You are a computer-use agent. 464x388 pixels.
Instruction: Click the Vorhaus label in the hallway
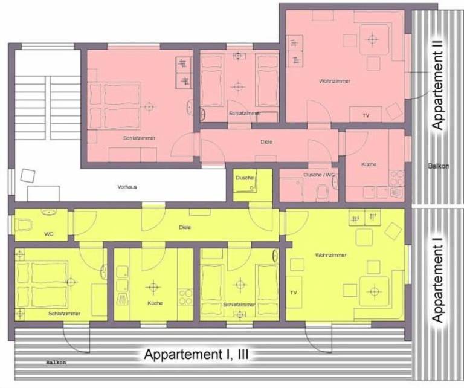(x=127, y=187)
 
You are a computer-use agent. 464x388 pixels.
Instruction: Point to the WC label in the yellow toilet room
(x=49, y=234)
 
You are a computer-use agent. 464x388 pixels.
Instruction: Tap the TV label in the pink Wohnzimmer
(x=366, y=115)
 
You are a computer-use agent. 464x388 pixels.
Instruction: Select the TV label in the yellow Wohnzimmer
(x=294, y=293)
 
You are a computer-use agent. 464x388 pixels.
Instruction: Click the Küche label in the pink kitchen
(x=369, y=164)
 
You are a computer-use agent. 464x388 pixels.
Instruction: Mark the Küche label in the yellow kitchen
(x=155, y=303)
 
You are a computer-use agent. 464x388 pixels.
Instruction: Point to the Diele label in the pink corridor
(x=267, y=141)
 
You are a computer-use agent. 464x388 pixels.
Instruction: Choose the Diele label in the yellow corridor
(x=185, y=228)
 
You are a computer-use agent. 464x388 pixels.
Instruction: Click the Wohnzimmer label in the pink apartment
(x=325, y=80)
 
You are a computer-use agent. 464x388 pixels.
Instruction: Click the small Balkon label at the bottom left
(x=55, y=363)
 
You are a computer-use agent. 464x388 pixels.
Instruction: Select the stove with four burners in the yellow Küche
(x=185, y=296)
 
